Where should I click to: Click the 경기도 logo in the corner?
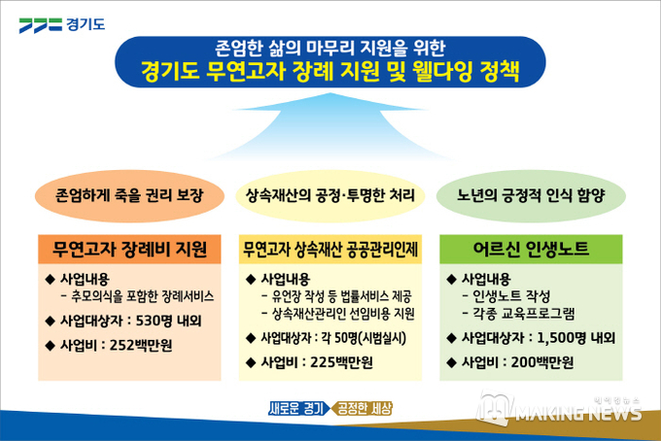(x=61, y=24)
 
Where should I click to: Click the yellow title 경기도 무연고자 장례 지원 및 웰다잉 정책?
(x=330, y=72)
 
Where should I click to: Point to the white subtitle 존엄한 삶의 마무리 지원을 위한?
(x=330, y=48)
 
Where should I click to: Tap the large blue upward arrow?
(x=330, y=126)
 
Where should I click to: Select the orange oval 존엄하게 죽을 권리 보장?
(x=129, y=196)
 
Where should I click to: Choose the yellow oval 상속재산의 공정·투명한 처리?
(x=330, y=196)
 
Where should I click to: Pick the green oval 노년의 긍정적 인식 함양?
(x=531, y=196)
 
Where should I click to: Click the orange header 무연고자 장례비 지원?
(x=129, y=250)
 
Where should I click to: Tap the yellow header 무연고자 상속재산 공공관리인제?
(x=330, y=250)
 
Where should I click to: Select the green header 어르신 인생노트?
(x=531, y=250)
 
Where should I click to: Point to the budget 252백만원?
(x=141, y=346)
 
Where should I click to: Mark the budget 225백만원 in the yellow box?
(x=341, y=362)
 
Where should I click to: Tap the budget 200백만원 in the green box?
(x=542, y=362)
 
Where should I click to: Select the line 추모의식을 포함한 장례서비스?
(x=143, y=296)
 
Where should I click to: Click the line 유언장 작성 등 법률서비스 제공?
(x=341, y=296)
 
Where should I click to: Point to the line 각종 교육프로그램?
(x=524, y=314)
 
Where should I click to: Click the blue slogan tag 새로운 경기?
(x=298, y=408)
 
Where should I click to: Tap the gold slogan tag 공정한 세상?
(x=363, y=408)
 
